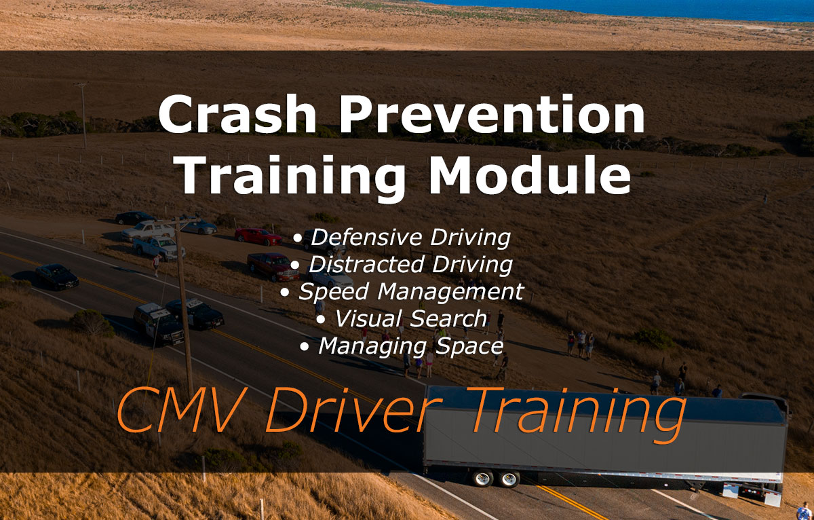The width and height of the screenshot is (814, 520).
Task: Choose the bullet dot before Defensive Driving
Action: [x=298, y=239]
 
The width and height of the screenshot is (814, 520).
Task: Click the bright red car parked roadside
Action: [x=258, y=236]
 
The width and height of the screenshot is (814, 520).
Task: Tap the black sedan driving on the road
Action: [x=57, y=276]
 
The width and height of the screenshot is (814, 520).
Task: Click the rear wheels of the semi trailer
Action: [x=495, y=479]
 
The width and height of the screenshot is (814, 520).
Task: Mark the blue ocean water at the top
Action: [x=610, y=10]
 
